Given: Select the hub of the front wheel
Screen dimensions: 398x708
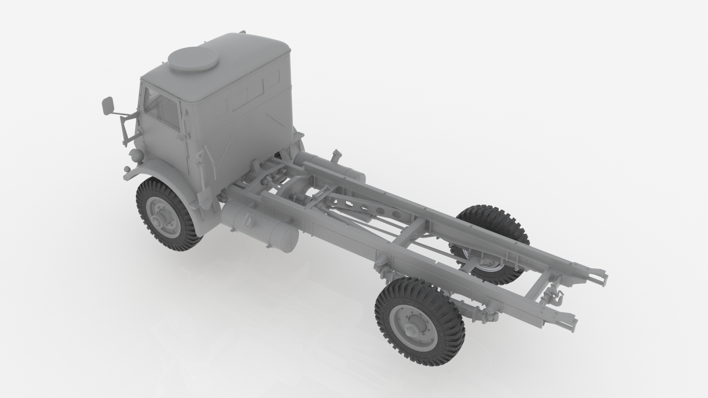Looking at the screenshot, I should pos(158,220).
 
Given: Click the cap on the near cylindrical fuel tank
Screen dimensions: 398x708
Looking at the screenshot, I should pos(247,220).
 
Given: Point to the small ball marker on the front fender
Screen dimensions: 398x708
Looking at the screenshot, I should pos(127,169).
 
